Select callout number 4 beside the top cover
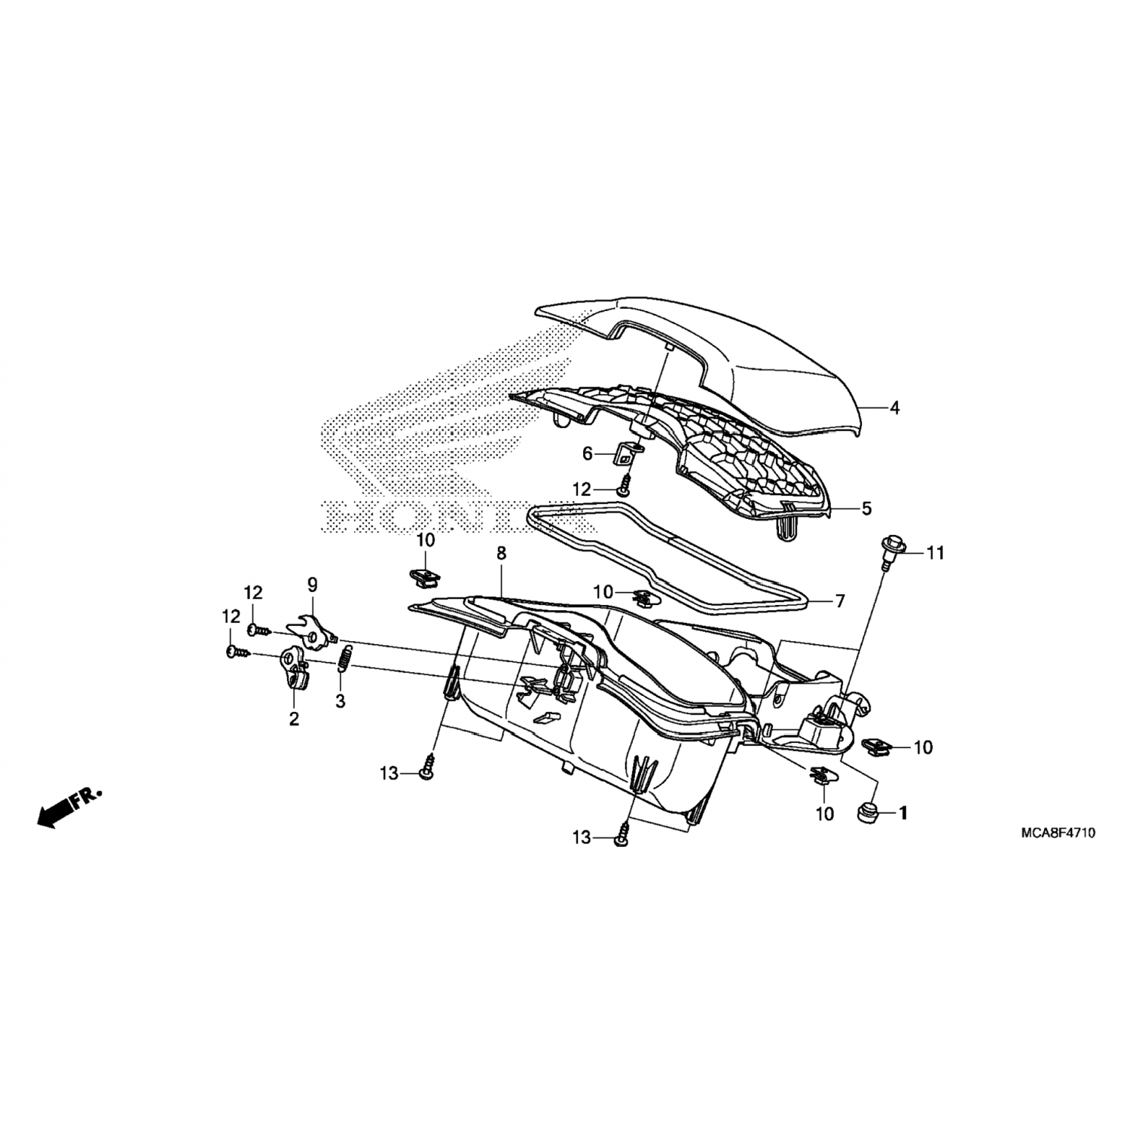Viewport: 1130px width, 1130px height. tap(894, 408)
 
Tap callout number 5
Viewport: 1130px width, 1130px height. tap(866, 508)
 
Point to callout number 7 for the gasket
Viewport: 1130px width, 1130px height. tap(840, 601)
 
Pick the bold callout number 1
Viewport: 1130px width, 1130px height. tap(902, 814)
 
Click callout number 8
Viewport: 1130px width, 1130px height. tap(501, 554)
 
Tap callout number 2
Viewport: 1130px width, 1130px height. tap(294, 719)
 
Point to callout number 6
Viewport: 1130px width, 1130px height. tap(588, 454)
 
